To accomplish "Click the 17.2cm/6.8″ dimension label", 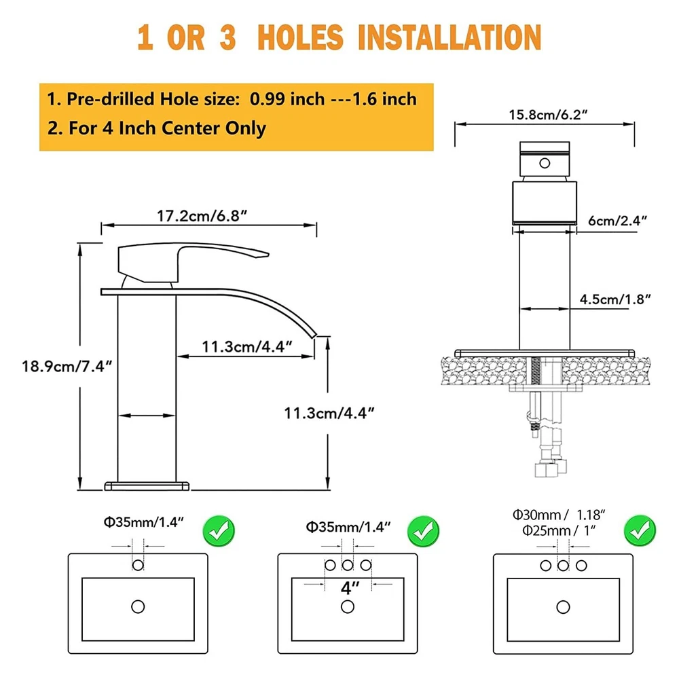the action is pyautogui.click(x=202, y=216).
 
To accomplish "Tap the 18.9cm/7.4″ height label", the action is pyautogui.click(x=67, y=367).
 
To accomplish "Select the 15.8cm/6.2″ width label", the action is pyautogui.click(x=548, y=115).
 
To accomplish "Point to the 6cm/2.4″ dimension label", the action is pyautogui.click(x=617, y=221).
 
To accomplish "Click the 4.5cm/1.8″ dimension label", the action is pyautogui.click(x=615, y=299).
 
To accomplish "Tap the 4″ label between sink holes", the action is pyautogui.click(x=350, y=588).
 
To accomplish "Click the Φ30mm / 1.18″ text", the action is pyautogui.click(x=559, y=515).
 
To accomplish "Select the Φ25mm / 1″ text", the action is pyautogui.click(x=559, y=530).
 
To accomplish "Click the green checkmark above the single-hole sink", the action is pyautogui.click(x=219, y=531).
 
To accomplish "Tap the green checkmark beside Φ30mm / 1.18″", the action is pyautogui.click(x=640, y=531).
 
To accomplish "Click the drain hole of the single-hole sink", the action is pyautogui.click(x=138, y=606).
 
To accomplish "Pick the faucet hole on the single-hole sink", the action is pyautogui.click(x=138, y=565).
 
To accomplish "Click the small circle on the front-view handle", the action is pyautogui.click(x=545, y=163).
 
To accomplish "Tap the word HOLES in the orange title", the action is pyautogui.click(x=300, y=37).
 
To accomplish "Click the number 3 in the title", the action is pyautogui.click(x=227, y=37).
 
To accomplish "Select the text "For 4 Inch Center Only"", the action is pyautogui.click(x=167, y=128).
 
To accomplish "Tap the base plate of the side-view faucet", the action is pyautogui.click(x=147, y=486).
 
